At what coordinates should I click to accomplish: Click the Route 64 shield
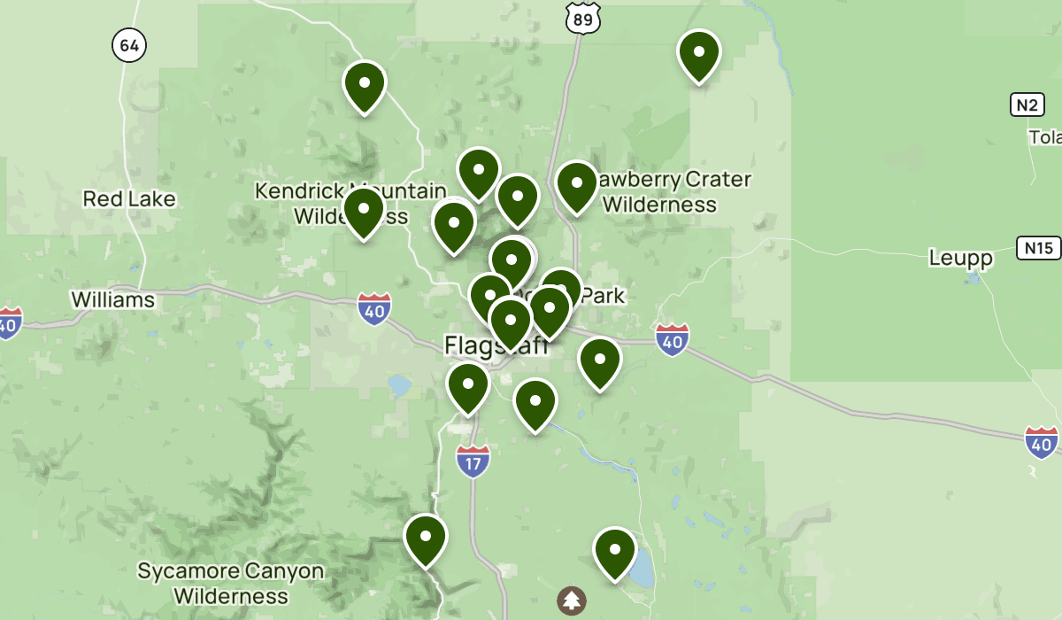pos(129,46)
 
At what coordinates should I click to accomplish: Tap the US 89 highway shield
pos(585,17)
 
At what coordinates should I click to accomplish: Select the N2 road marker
pos(1027,105)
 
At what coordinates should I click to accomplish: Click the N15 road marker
pos(1038,248)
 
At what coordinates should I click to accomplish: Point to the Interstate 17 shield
pos(473,461)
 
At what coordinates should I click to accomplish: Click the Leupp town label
pos(960,258)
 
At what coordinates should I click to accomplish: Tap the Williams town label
pos(112,299)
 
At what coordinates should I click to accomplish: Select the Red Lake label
pos(129,198)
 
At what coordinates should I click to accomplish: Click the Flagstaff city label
pos(496,345)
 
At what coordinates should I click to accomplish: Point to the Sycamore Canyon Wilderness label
pos(230,583)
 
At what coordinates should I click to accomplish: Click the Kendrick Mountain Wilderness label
pos(350,203)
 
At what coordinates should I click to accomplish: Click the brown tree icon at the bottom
pos(572,601)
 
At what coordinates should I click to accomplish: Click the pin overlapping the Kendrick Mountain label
pos(364,211)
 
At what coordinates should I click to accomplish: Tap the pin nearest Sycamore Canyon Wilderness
pos(426,538)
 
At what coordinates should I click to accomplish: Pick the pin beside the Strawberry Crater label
pos(576,184)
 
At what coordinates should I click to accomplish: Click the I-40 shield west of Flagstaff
pos(374,308)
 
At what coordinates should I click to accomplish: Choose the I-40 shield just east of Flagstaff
pos(673,339)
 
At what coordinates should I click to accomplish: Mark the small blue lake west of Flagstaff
pos(398,385)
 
